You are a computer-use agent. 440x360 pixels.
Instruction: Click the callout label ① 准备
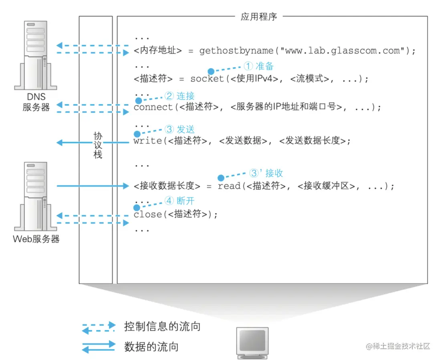click(x=259, y=65)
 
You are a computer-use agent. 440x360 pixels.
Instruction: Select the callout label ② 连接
click(x=180, y=96)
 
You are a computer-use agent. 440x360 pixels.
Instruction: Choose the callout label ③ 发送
click(x=180, y=129)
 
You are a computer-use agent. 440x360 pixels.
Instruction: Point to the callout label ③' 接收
click(x=266, y=173)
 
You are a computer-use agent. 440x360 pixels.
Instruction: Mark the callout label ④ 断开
click(x=180, y=201)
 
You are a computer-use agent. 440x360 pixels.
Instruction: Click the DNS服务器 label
click(x=36, y=102)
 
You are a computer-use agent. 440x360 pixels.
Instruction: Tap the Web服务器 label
click(x=36, y=239)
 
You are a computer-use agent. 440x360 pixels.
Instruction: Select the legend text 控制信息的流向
click(x=162, y=326)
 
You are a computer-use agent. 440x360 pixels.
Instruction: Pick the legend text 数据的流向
click(x=151, y=346)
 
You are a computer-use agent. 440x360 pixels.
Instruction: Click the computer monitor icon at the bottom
click(x=252, y=342)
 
